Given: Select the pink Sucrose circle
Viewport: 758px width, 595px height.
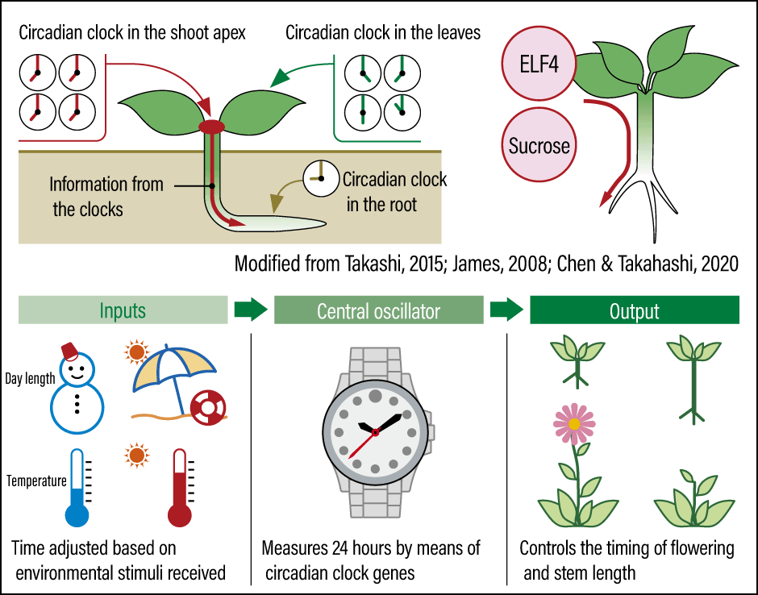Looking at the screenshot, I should point(539,146).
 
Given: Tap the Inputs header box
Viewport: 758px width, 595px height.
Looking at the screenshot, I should point(123,310).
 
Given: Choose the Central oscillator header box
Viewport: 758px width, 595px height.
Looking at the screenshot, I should point(378,310).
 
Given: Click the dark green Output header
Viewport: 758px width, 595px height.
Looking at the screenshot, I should point(634,310).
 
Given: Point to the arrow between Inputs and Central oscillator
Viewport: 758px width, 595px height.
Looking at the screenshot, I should point(250,310).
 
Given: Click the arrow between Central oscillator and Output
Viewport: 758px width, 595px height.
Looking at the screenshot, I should point(506,310).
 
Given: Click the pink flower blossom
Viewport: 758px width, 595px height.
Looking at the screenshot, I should point(573,422).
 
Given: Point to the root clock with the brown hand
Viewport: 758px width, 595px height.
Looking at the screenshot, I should point(320,177).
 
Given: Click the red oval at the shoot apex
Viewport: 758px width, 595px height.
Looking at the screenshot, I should point(212,127).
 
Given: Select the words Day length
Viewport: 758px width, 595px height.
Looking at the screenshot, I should point(30,378).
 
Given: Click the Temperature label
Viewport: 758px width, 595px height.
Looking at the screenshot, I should point(36,481).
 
